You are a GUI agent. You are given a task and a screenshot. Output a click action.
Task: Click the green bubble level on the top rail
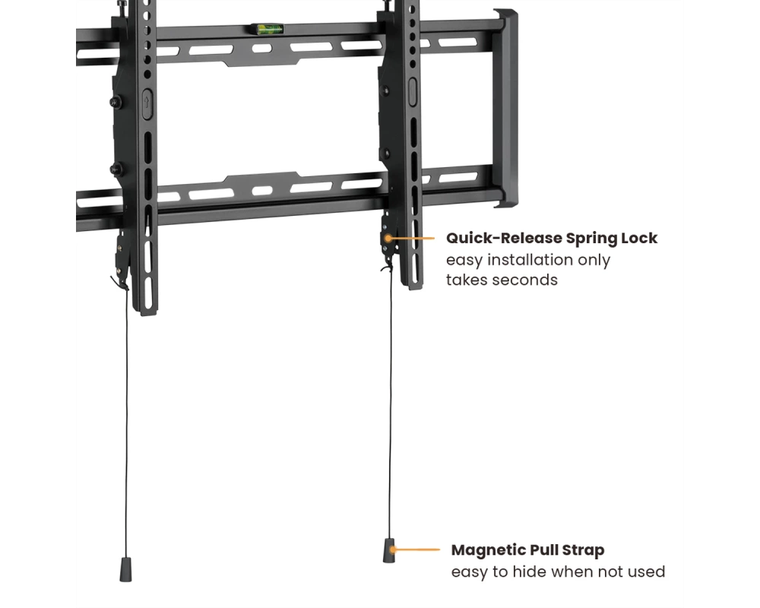click(x=266, y=29)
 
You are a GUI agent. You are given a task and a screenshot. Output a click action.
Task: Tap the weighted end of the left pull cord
click(x=125, y=569)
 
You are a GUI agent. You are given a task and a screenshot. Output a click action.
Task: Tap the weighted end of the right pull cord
click(x=389, y=550)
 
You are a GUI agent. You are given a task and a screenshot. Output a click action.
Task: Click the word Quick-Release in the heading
click(x=504, y=238)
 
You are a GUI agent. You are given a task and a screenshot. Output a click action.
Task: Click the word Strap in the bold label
click(x=583, y=551)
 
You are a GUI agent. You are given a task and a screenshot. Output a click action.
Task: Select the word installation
click(x=530, y=260)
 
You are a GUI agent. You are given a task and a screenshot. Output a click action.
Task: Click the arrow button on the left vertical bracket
click(x=147, y=103)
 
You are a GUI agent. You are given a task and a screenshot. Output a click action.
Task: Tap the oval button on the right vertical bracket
click(x=413, y=92)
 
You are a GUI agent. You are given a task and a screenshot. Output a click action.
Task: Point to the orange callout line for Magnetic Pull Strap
click(x=416, y=549)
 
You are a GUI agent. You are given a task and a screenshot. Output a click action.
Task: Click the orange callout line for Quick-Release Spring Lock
click(x=410, y=238)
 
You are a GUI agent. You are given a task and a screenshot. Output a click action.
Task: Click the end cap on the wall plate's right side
click(x=505, y=108)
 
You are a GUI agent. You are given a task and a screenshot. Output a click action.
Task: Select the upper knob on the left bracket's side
click(x=116, y=102)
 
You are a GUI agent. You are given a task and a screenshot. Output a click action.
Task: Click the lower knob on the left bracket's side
click(x=116, y=169)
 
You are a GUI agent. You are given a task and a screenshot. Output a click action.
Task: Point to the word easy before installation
click(x=464, y=261)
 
